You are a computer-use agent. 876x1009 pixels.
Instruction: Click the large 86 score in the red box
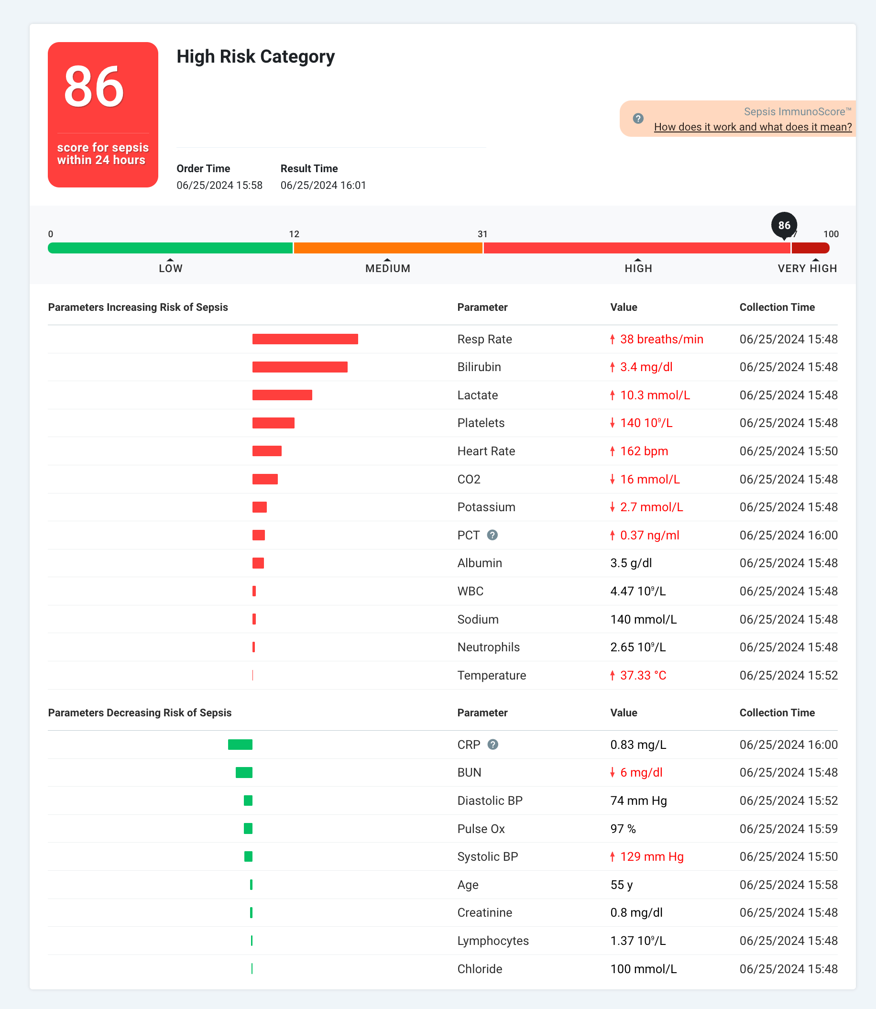[94, 87]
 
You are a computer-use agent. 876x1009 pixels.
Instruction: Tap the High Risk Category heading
[255, 57]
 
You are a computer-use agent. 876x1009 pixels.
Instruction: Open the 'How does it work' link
[752, 127]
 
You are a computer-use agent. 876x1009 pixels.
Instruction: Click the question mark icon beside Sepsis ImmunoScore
[638, 119]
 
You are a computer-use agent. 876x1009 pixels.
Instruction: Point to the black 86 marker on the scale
[784, 225]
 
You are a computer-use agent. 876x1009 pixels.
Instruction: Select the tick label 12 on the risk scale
[294, 234]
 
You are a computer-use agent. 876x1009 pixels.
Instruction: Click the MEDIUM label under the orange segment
[388, 268]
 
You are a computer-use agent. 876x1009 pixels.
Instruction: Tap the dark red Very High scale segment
[810, 248]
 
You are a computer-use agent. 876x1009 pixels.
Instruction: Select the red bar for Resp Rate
[305, 339]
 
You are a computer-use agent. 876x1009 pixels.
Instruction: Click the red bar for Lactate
[282, 395]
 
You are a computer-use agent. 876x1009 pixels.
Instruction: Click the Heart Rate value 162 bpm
[643, 451]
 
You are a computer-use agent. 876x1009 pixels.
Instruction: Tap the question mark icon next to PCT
[492, 535]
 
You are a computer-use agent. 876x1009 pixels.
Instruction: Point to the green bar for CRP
[240, 745]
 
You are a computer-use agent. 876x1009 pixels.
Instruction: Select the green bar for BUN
[244, 772]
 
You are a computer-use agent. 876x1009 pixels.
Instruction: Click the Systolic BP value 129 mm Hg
[651, 856]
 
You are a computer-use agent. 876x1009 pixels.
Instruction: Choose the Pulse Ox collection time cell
[788, 829]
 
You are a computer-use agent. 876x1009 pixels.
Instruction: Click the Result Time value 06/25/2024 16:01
[323, 185]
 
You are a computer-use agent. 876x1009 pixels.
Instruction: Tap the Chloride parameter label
[480, 969]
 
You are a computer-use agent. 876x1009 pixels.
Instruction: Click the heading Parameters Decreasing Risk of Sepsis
[140, 713]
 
